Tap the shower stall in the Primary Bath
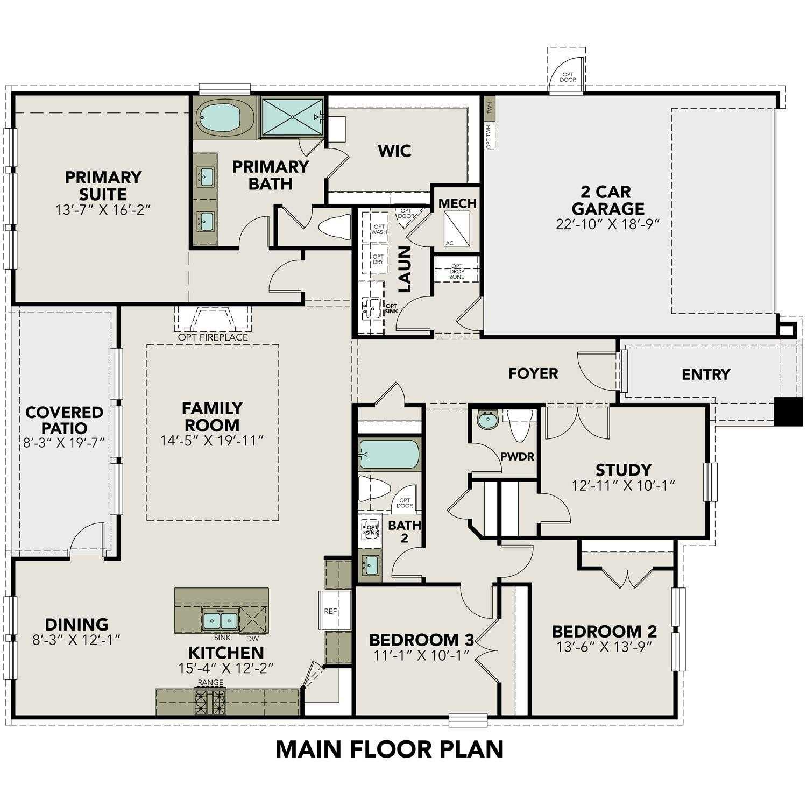[292, 117]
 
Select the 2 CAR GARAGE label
[607, 200]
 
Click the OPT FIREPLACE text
[213, 337]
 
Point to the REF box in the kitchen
[331, 611]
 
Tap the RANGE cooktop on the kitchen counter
[210, 702]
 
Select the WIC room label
[394, 151]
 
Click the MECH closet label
[457, 203]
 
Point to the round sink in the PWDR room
[487, 420]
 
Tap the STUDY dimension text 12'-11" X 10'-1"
[624, 485]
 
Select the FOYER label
[533, 373]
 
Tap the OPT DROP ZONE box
[457, 271]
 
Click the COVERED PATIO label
[64, 420]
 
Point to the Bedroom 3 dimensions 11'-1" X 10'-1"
[422, 655]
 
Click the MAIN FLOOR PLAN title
[390, 749]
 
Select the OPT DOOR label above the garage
[568, 77]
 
